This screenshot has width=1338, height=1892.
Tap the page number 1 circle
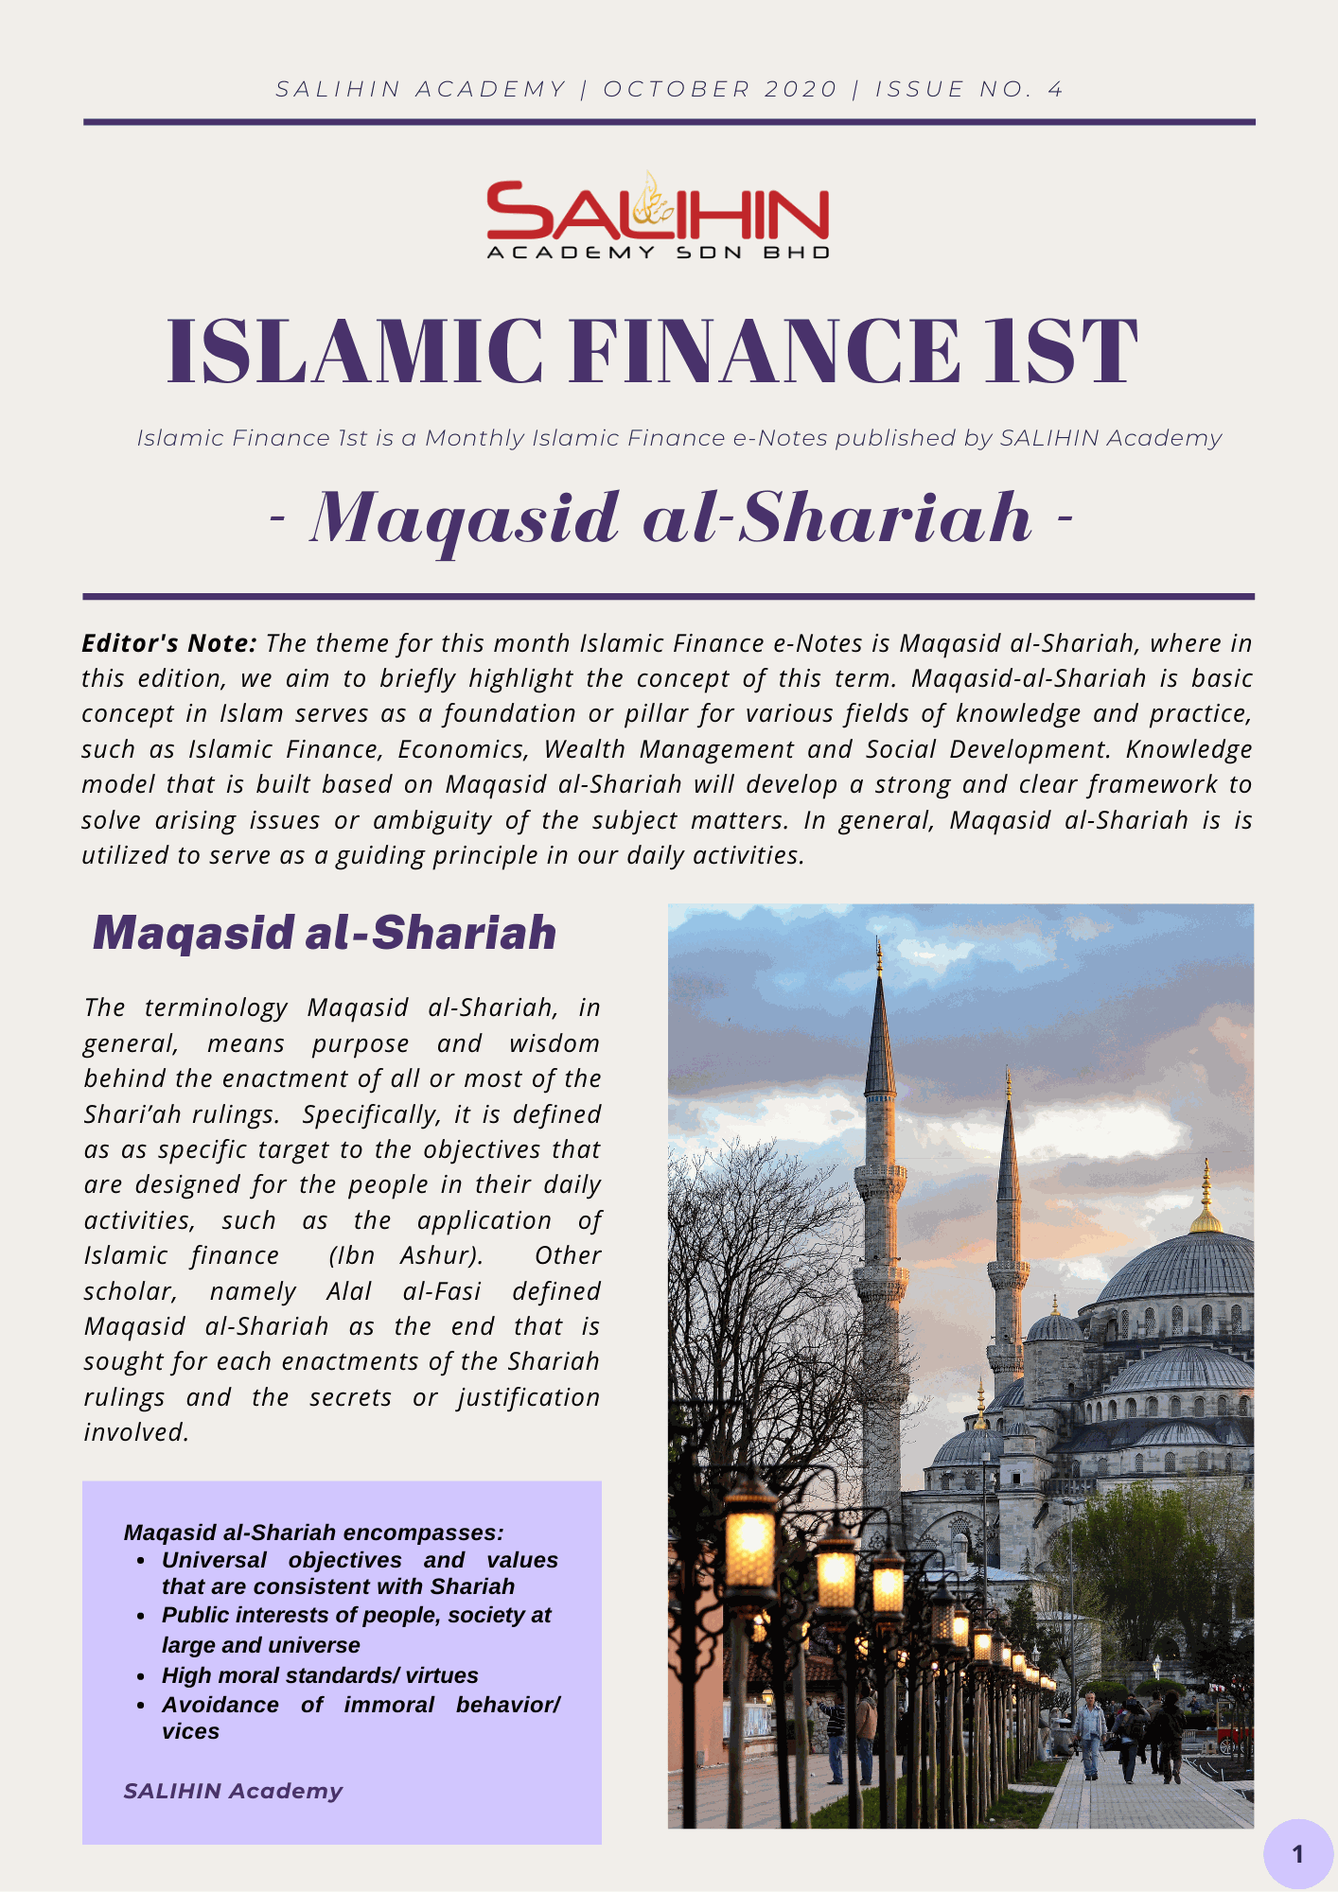1298,1853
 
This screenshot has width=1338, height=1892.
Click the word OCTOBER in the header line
674,89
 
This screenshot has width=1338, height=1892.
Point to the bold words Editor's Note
168,643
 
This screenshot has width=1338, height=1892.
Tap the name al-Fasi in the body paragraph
442,1291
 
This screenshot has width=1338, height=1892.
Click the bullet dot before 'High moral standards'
140,1676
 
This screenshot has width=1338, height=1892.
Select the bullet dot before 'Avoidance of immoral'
140,1706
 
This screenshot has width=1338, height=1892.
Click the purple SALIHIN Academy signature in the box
233,1791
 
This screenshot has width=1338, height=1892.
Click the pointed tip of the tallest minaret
879,946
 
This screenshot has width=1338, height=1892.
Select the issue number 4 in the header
1055,89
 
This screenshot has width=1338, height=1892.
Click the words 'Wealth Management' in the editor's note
716,749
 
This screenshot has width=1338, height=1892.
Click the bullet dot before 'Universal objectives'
140,1561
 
